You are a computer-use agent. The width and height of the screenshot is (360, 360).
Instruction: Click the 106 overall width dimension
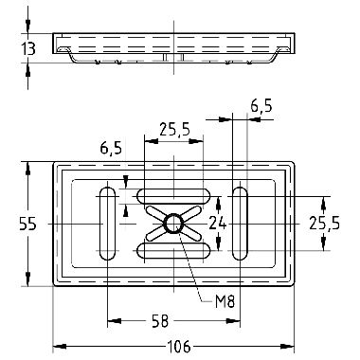[x=178, y=347]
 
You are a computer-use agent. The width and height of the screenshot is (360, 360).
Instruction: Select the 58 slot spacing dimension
[x=160, y=322]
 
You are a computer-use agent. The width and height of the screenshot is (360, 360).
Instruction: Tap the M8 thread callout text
[x=225, y=301]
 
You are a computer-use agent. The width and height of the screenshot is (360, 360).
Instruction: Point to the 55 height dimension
[x=27, y=224]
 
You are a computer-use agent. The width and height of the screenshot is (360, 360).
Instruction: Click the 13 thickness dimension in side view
[x=28, y=48]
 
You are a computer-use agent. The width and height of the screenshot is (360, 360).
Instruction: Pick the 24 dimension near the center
[x=218, y=224]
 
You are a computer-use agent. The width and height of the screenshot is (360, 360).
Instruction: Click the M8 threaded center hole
[x=173, y=224]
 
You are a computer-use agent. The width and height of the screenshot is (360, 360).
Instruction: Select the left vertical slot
[x=107, y=224]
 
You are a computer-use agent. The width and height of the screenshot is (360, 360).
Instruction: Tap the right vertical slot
[x=240, y=224]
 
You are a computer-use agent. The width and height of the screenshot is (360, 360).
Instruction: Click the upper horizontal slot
[x=173, y=196]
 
